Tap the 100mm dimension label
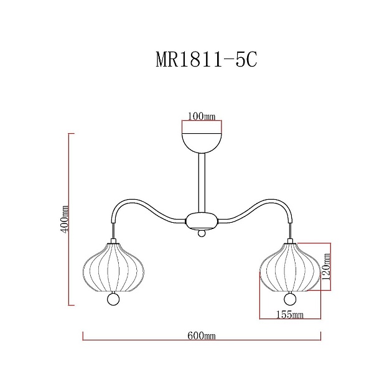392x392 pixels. pyautogui.click(x=202, y=116)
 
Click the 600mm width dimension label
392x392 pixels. pyautogui.click(x=201, y=335)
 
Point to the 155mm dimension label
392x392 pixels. pyautogui.click(x=289, y=315)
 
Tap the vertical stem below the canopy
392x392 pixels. pyautogui.click(x=201, y=183)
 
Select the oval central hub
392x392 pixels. pyautogui.click(x=201, y=220)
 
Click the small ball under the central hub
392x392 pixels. pyautogui.click(x=201, y=234)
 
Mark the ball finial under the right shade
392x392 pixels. pyautogui.click(x=289, y=300)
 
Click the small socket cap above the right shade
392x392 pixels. pyautogui.click(x=289, y=239)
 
